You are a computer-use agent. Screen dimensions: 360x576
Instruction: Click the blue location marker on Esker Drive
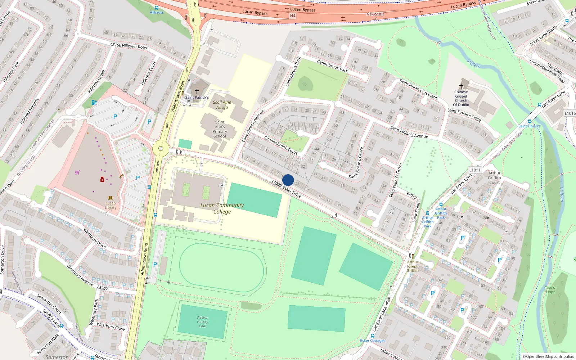[x=288, y=180]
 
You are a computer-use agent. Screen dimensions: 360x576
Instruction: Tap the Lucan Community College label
[x=222, y=208]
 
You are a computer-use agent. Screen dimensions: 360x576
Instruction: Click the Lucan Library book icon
[x=111, y=198]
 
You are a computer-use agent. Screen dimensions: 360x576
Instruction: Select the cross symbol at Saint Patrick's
[x=197, y=92]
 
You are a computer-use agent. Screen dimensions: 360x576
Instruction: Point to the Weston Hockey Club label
[x=202, y=321]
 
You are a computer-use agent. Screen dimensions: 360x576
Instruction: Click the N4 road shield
[x=293, y=16]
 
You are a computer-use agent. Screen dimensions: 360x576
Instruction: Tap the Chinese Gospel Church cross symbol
[x=461, y=86]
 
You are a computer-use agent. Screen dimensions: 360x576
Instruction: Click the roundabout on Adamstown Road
[x=161, y=148]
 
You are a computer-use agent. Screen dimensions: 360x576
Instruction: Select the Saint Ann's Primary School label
[x=220, y=129]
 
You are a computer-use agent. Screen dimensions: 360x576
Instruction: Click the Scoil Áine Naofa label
[x=222, y=105]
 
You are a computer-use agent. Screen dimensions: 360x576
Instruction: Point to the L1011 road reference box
[x=475, y=170]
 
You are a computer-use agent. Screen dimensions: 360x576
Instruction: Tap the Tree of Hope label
[x=550, y=289]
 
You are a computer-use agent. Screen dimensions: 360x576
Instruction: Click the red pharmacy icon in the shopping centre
[x=102, y=179]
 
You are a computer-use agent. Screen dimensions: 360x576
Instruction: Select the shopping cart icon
[x=77, y=172]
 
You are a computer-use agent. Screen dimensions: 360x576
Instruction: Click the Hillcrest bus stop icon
[x=156, y=8]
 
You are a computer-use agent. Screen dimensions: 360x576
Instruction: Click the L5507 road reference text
[x=102, y=288]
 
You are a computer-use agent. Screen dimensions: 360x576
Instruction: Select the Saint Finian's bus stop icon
[x=529, y=121]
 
